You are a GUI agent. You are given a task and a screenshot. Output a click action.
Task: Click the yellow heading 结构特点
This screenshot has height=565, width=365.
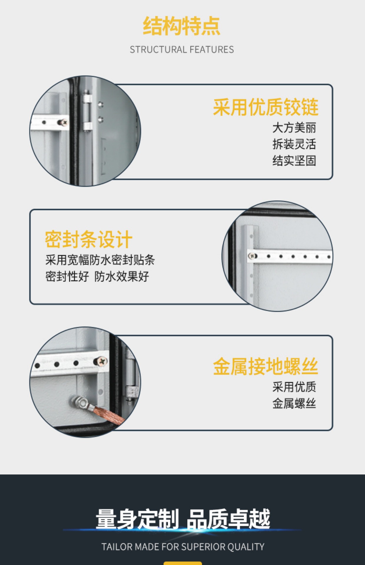click(x=182, y=26)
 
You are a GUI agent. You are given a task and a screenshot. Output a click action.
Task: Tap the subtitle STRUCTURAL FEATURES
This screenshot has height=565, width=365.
click(x=182, y=49)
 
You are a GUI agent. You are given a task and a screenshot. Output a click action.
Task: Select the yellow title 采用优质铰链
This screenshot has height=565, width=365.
click(x=266, y=107)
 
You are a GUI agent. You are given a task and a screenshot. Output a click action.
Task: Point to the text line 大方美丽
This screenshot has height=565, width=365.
click(x=294, y=128)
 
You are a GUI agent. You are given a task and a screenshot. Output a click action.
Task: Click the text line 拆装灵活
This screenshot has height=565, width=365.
click(x=294, y=144)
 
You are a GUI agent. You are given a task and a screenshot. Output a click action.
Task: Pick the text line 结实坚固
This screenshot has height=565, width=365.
click(x=294, y=161)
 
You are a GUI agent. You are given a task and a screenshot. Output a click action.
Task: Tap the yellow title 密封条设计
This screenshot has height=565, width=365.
click(x=88, y=239)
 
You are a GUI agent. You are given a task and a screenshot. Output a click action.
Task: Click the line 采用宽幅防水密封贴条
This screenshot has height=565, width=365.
click(x=100, y=260)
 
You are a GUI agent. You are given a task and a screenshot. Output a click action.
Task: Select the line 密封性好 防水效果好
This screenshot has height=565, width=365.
click(x=97, y=276)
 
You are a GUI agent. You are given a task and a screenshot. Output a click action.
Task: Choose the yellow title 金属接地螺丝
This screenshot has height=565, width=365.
click(x=266, y=366)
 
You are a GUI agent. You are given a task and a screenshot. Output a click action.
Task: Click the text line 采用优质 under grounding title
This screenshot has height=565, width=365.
click(x=294, y=387)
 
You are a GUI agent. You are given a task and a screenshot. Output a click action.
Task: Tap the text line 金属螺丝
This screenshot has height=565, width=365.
click(x=294, y=403)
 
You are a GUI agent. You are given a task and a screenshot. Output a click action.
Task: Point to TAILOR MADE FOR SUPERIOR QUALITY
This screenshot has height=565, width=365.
click(x=183, y=547)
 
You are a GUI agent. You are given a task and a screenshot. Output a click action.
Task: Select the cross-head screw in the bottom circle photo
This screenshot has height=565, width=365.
click(x=101, y=361)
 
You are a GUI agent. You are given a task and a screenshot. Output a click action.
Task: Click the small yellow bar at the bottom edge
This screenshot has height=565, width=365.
click(x=183, y=563)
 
